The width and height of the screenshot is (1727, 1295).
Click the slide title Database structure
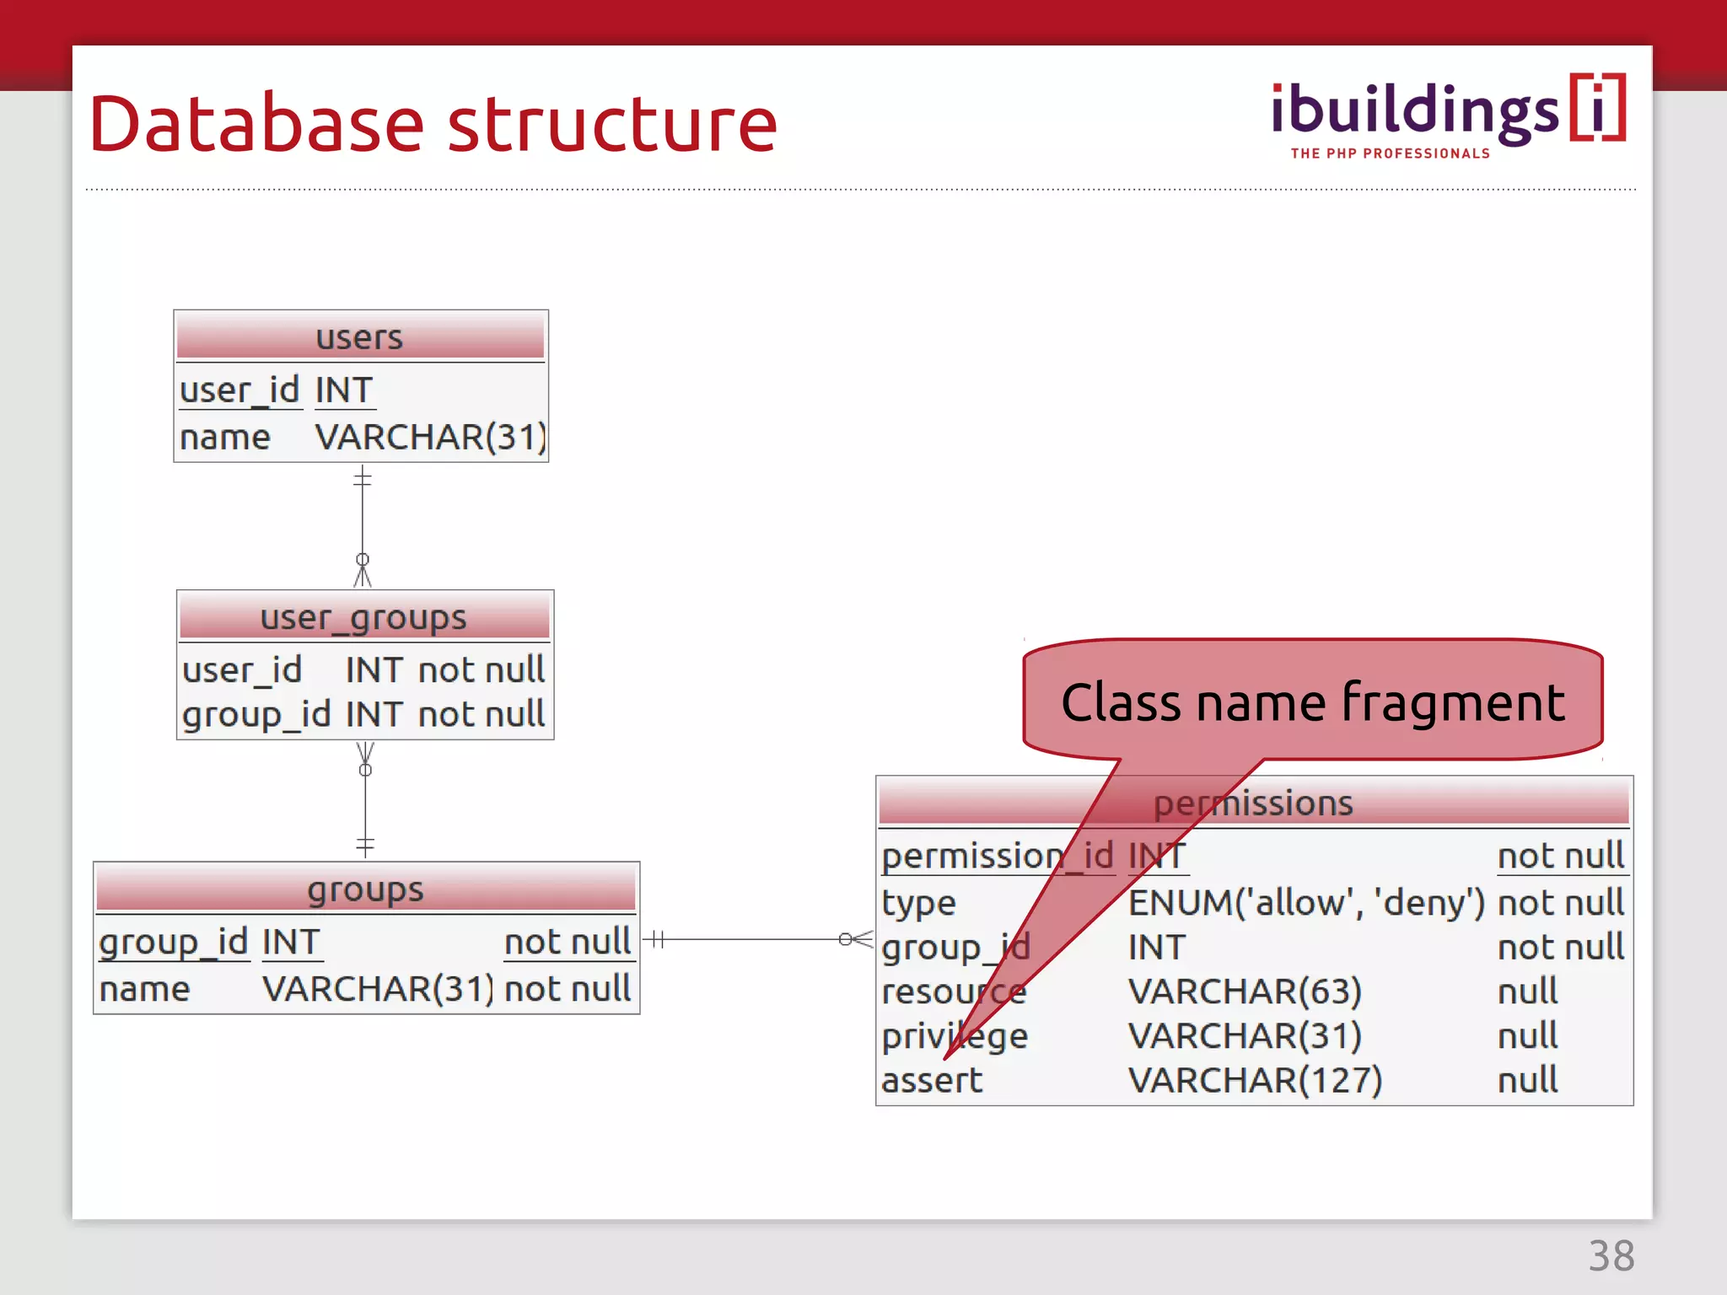click(433, 125)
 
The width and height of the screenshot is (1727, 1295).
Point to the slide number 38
click(1611, 1256)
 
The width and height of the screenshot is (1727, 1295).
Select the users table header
click(360, 337)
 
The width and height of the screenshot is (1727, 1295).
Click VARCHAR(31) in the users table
click(430, 437)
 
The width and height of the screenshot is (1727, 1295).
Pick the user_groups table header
click(363, 617)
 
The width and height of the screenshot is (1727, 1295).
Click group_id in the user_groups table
click(256, 714)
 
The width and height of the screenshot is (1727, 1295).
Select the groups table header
click(365, 889)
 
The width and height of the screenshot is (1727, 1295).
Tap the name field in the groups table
click(144, 989)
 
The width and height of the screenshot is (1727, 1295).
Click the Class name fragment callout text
click(1312, 701)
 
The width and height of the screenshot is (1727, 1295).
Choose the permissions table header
click(1253, 802)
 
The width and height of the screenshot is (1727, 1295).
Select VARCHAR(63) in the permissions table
click(1245, 991)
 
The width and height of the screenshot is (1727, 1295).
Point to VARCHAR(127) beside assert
click(1255, 1080)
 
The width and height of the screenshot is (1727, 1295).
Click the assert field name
click(932, 1080)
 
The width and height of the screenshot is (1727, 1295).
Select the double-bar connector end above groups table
click(365, 844)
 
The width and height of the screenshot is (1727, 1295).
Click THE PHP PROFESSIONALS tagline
click(1390, 153)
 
